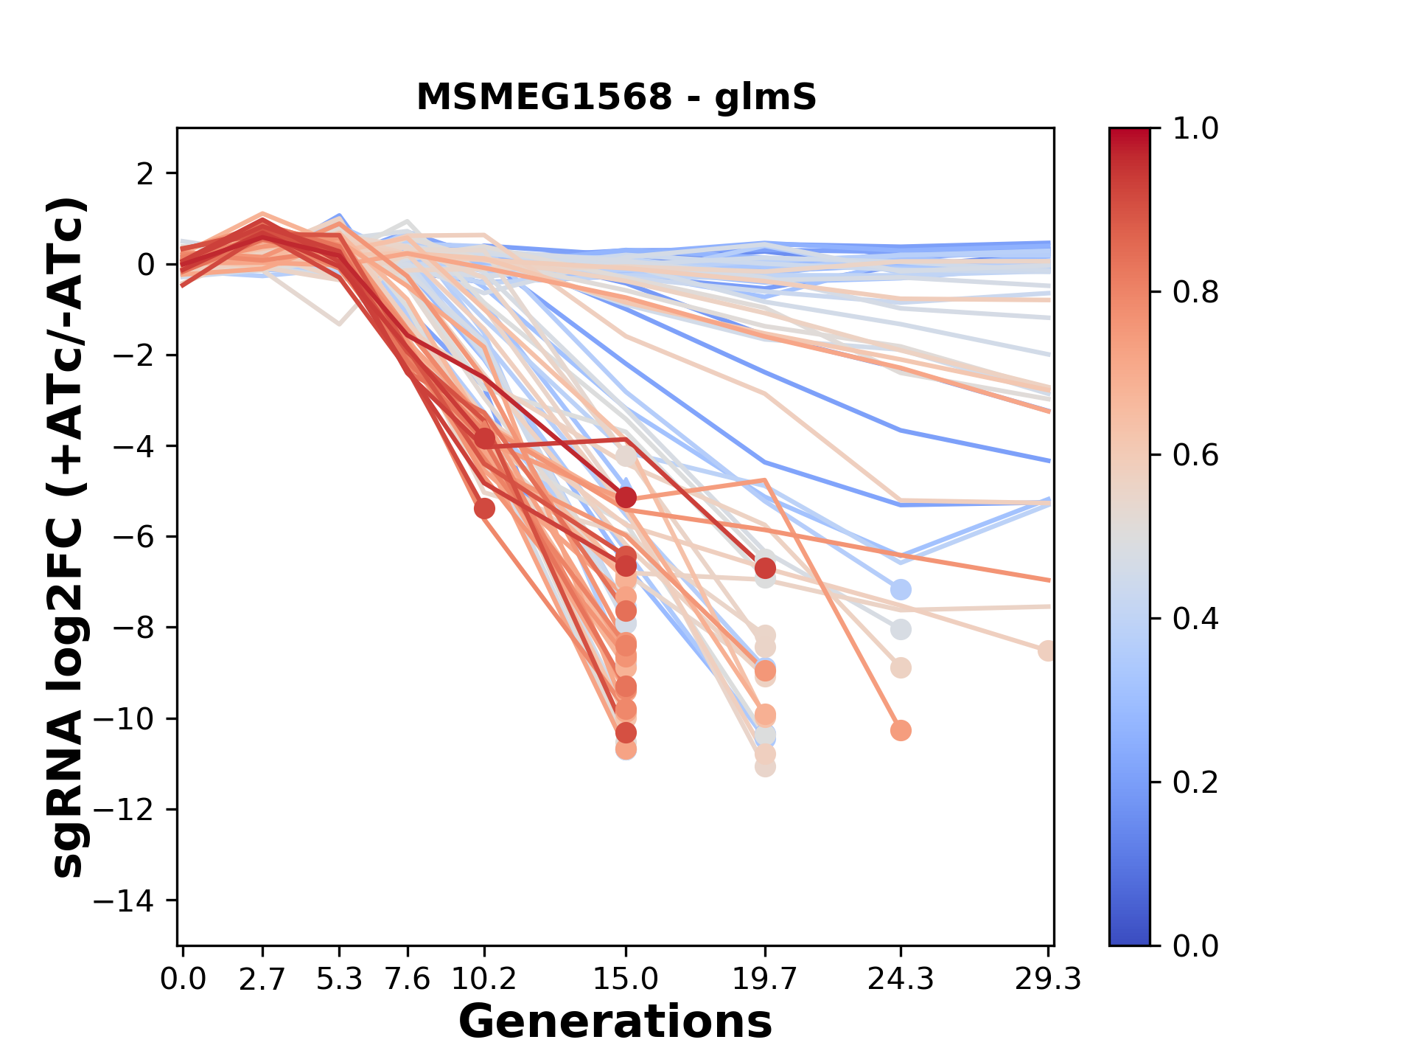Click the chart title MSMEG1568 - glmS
[x=616, y=97]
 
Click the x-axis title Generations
[x=615, y=1022]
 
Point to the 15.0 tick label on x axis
[x=626, y=979]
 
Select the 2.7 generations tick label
[x=262, y=979]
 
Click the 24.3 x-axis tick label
[x=900, y=979]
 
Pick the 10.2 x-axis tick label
[x=483, y=979]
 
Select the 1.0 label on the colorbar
[x=1195, y=129]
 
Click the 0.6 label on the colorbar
[x=1195, y=456]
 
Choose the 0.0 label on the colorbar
[x=1195, y=945]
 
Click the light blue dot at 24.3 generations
[x=901, y=590]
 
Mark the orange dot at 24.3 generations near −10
[x=901, y=731]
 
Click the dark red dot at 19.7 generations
[x=765, y=569]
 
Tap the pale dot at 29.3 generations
[x=1047, y=651]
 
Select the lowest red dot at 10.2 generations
[x=484, y=508]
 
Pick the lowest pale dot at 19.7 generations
[x=765, y=767]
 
